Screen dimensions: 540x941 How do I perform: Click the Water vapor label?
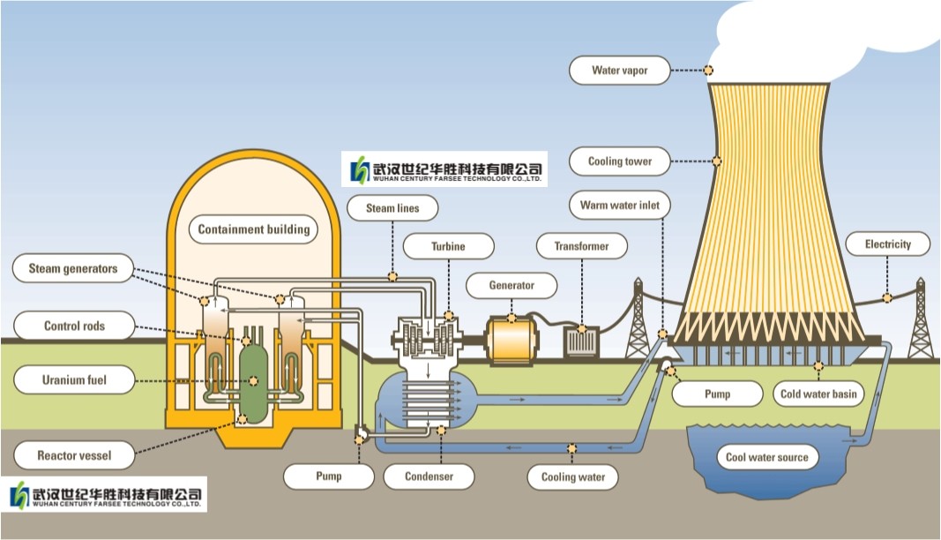[x=620, y=71]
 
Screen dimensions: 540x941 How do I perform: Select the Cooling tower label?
[x=620, y=161]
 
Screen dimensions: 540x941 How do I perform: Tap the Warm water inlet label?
[x=619, y=206]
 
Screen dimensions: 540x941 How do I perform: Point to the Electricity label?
[x=887, y=244]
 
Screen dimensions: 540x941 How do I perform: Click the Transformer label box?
[x=581, y=247]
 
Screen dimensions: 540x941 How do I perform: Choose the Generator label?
[x=512, y=286]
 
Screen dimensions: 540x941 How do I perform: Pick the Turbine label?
[x=448, y=247]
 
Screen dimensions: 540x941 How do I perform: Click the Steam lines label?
[x=392, y=209]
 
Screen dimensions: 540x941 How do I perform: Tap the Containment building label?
[x=254, y=229]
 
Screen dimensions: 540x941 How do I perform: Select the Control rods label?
[x=74, y=326]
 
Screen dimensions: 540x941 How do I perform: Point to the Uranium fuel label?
[x=74, y=381]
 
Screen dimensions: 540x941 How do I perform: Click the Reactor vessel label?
[x=74, y=456]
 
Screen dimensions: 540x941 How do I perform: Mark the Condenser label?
[x=429, y=476]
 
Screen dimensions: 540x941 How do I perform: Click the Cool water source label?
[x=766, y=457]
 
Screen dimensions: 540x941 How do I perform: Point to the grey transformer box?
[x=581, y=341]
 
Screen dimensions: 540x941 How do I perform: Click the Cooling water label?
[x=573, y=477]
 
